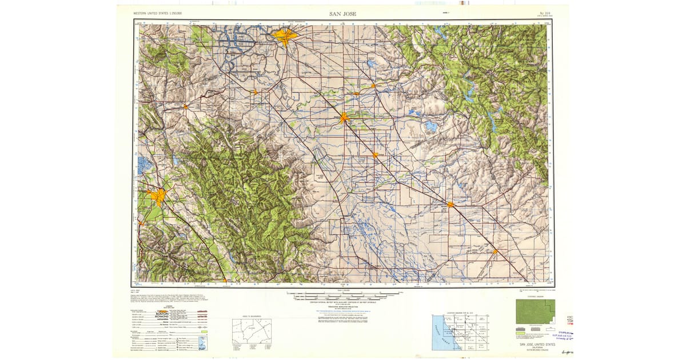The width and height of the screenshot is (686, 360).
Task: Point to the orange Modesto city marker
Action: pyautogui.click(x=344, y=118)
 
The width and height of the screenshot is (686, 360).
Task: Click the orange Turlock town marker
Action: pyautogui.click(x=376, y=155)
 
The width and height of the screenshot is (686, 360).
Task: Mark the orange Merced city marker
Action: pyautogui.click(x=451, y=204)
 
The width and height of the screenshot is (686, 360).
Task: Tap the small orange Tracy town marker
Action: pyautogui.click(x=256, y=91)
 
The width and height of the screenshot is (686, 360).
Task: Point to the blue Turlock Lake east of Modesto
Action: pyautogui.click(x=429, y=126)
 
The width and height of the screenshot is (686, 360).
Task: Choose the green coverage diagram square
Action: pyautogui.click(x=535, y=311)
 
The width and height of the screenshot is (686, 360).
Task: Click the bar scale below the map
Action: pyautogui.click(x=343, y=296)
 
